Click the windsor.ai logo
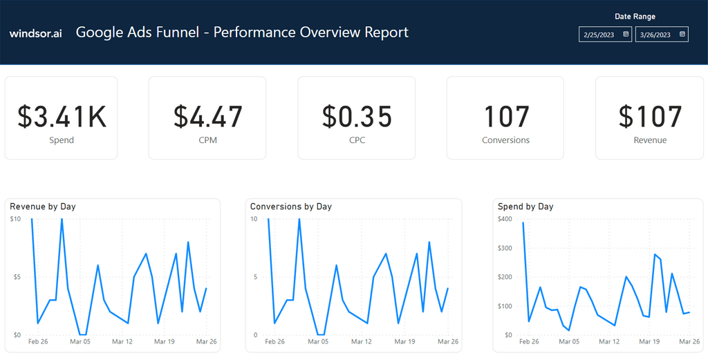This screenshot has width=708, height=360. [x=35, y=33]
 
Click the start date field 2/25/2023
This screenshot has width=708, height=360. [x=599, y=34]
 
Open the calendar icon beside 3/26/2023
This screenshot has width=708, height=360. [x=682, y=34]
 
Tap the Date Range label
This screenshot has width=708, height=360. [x=635, y=17]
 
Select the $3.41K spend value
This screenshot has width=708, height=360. [x=62, y=117]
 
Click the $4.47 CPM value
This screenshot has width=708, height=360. [x=207, y=117]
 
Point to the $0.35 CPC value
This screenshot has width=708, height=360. [x=357, y=117]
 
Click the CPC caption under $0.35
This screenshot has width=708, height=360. [x=357, y=140]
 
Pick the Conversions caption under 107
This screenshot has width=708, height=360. [x=505, y=140]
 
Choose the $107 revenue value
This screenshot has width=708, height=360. [x=650, y=117]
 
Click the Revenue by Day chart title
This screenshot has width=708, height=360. [x=43, y=207]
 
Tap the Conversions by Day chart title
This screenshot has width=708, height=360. [x=290, y=207]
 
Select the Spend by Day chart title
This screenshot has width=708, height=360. [x=525, y=207]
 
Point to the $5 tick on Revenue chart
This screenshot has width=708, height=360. [x=16, y=277]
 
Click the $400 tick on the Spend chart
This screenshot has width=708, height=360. [x=505, y=219]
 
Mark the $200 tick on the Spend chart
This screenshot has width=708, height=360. [x=505, y=277]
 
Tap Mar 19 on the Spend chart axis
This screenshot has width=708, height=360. [x=649, y=341]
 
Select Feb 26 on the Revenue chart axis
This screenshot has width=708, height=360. [x=38, y=341]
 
